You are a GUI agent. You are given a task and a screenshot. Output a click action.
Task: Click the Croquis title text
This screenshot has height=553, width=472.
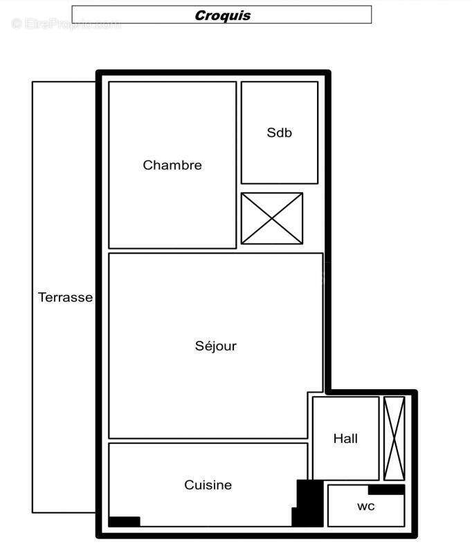[222, 15]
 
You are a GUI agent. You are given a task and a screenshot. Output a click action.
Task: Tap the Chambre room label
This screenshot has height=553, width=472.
[172, 165]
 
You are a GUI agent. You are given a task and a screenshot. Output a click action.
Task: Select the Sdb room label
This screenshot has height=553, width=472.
[279, 133]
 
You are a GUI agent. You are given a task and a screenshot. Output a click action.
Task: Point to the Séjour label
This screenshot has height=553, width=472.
[215, 346]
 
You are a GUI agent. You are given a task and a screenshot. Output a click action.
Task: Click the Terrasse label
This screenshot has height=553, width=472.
[65, 298]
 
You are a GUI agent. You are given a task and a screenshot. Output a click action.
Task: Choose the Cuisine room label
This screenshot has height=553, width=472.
[208, 485]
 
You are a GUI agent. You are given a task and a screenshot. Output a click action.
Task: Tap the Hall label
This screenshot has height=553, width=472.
[345, 439]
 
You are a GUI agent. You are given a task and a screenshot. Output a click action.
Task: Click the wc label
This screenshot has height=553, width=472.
[365, 506]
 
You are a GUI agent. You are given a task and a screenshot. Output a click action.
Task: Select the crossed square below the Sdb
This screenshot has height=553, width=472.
[272, 218]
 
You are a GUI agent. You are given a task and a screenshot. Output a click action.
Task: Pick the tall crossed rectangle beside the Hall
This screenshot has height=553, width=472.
[394, 439]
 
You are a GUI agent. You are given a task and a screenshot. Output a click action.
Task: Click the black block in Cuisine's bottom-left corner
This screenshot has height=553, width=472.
[125, 521]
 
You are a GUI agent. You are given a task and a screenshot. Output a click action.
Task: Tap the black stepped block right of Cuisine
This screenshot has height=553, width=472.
[307, 503]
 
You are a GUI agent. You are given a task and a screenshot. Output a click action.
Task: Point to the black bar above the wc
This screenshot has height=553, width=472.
[386, 490]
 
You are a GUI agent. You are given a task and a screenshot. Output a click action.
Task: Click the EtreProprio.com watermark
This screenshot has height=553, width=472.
[66, 24]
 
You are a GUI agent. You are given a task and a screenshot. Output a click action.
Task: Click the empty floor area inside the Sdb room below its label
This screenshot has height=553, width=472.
[280, 162]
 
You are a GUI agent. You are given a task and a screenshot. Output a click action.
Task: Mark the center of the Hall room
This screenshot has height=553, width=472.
[345, 438]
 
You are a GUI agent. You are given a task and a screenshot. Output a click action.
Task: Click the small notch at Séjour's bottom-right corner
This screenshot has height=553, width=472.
[316, 415]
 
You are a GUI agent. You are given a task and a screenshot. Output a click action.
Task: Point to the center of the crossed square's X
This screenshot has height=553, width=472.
[272, 218]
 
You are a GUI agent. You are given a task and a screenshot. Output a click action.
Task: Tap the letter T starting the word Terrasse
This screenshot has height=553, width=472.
[42, 298]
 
